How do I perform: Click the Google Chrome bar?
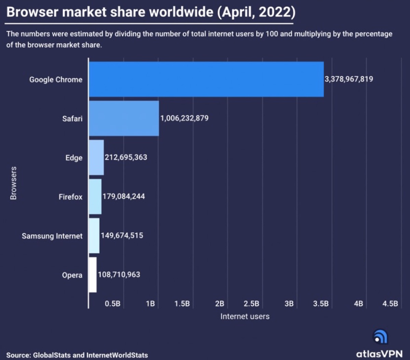[x=206, y=79]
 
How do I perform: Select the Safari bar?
[x=124, y=119]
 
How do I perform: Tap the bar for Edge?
[x=96, y=157]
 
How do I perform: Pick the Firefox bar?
[x=95, y=196]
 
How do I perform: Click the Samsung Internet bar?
[x=94, y=236]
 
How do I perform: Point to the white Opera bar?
[x=93, y=275]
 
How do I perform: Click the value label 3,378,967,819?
[x=349, y=79]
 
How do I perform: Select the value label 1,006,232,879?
[x=184, y=119]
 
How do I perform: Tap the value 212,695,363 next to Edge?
[x=126, y=157]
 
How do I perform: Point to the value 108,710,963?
[x=119, y=275]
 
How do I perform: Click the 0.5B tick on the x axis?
[x=113, y=304]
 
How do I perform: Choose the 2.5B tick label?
[x=251, y=304]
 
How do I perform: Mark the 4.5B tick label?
[x=391, y=304]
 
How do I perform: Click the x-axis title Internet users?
[x=245, y=316]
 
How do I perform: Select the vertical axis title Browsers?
[x=13, y=183]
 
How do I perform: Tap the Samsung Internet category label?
[x=52, y=236]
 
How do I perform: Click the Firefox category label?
[x=70, y=197]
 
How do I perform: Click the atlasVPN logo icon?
[x=380, y=336]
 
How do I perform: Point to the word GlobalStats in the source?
[x=52, y=355]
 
